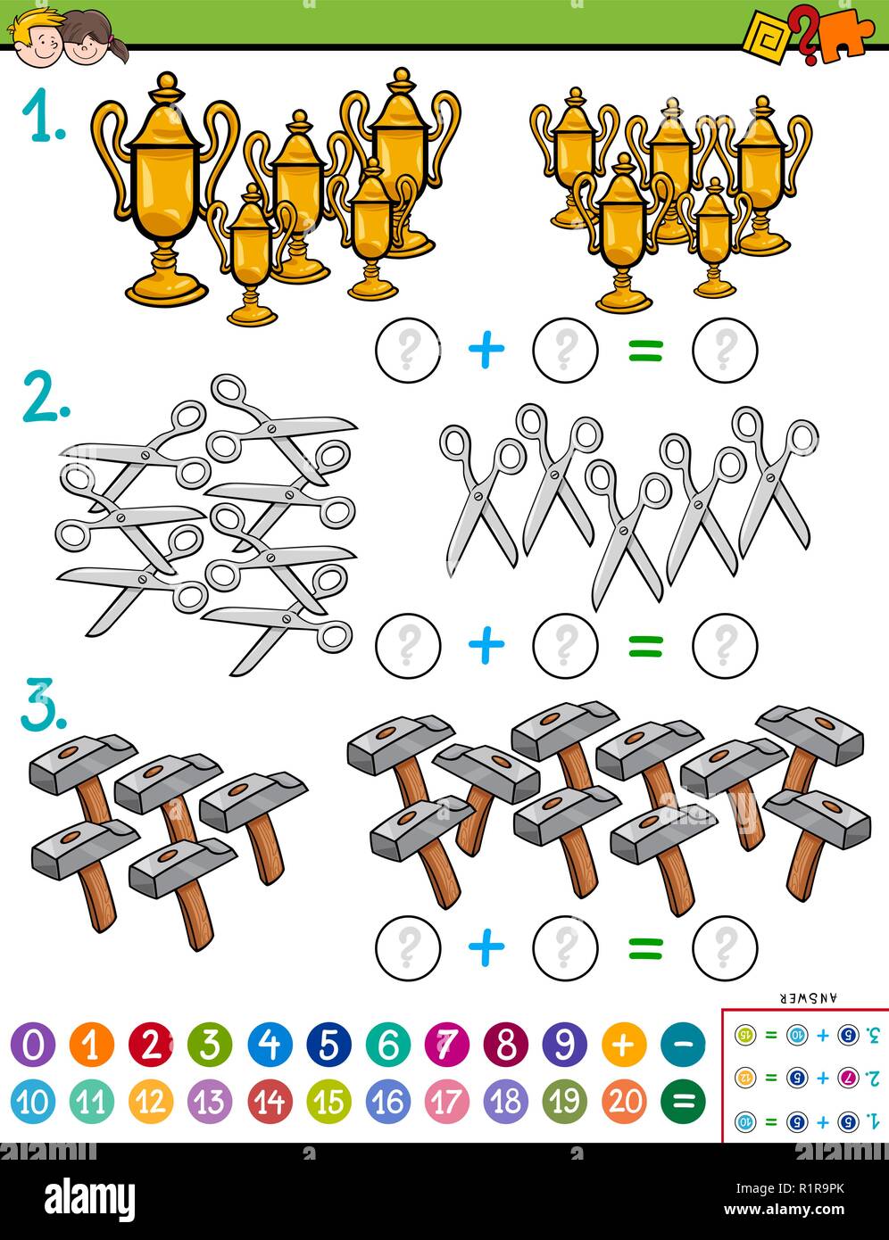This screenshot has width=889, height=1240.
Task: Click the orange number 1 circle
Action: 91,1044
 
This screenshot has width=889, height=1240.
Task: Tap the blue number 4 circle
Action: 269,1044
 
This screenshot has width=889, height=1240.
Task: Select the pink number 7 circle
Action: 446,1044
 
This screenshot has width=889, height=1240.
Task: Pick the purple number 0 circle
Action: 32,1044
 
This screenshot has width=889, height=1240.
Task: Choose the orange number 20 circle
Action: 624,1102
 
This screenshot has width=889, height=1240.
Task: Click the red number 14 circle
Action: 269,1102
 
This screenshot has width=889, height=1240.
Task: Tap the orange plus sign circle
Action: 624,1044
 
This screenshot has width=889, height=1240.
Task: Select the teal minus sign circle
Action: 683,1044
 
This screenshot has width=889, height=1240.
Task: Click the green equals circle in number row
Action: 683,1102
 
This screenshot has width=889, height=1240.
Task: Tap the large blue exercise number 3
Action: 44,707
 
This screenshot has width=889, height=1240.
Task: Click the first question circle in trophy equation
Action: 408,350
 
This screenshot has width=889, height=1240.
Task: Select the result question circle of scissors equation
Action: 725,644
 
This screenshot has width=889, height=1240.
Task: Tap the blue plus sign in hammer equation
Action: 486,947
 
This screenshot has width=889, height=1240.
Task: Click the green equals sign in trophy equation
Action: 645,351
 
